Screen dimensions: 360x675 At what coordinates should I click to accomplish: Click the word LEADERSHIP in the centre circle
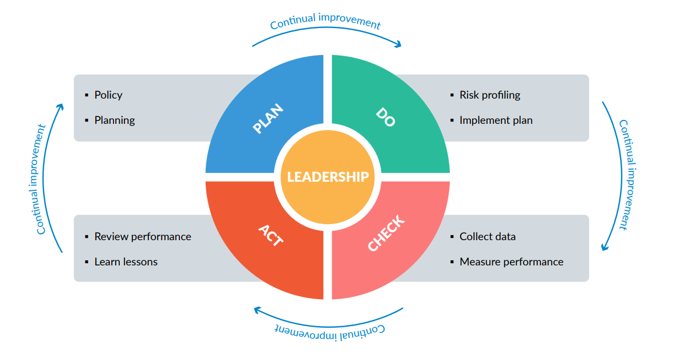click(327, 177)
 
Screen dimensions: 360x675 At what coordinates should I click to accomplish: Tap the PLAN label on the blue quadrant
click(268, 119)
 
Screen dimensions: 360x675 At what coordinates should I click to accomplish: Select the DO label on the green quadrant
click(386, 117)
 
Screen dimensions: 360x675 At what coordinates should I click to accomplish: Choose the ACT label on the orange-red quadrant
click(270, 235)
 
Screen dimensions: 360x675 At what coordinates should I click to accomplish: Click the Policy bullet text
click(108, 95)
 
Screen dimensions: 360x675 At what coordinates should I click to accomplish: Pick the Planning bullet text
click(115, 120)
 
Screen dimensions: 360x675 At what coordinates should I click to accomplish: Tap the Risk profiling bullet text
click(490, 95)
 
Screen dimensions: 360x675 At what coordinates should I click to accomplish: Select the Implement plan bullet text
click(496, 120)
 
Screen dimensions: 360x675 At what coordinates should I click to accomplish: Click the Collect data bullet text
click(488, 236)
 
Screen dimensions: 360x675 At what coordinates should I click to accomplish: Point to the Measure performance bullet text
click(511, 262)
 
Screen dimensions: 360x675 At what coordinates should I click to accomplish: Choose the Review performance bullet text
click(143, 236)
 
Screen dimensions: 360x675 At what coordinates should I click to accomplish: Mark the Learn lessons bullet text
click(126, 262)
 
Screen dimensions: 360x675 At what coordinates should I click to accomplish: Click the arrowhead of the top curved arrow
click(398, 45)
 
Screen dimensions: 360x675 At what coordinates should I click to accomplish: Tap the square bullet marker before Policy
click(87, 95)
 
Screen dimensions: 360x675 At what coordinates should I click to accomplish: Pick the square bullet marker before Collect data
click(452, 237)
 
